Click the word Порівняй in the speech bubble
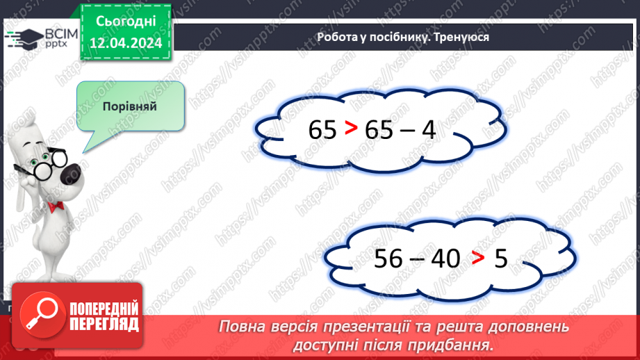130,106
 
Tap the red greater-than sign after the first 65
352,129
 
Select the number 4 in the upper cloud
429,129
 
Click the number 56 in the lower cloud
388,259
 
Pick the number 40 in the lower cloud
445,259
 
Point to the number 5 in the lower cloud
501,259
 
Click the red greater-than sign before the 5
477,259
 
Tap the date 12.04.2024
124,43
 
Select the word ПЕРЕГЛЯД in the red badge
104,324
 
